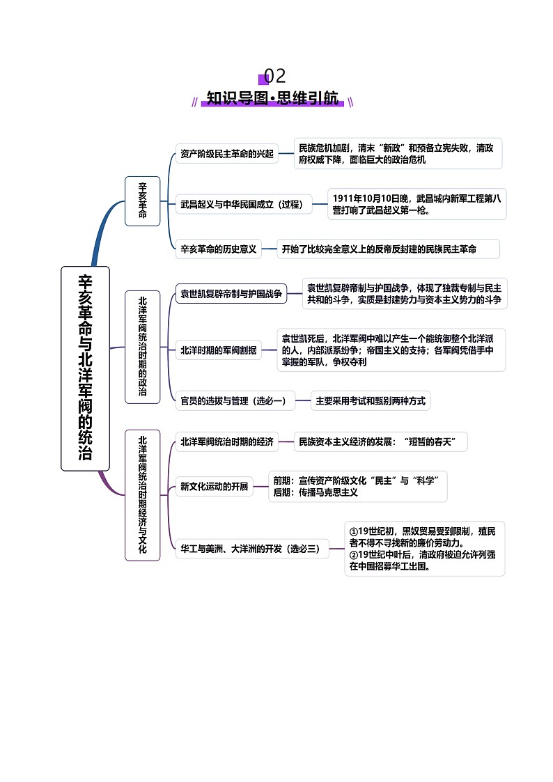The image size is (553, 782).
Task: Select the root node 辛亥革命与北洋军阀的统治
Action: coord(85,368)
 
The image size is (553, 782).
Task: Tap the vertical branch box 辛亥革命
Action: coord(142,201)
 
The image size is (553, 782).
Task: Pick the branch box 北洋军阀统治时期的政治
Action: coord(142,347)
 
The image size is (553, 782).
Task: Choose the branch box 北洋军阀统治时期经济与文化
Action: coord(142,495)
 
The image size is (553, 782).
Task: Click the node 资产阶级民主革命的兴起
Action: coord(226,153)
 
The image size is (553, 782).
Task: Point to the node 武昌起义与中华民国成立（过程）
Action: coord(242,204)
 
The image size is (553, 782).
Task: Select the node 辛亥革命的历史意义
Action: coord(219,249)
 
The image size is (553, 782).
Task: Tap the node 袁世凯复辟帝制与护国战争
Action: coord(231,294)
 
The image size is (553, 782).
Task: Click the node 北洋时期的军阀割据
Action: coord(218,350)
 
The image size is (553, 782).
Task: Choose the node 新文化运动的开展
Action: coord(214,486)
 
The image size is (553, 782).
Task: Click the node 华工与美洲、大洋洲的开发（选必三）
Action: coord(250,549)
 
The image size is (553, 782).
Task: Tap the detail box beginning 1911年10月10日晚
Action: coord(416,204)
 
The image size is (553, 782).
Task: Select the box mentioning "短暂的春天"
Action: coord(380,441)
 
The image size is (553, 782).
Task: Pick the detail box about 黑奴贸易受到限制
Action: coord(424,549)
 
